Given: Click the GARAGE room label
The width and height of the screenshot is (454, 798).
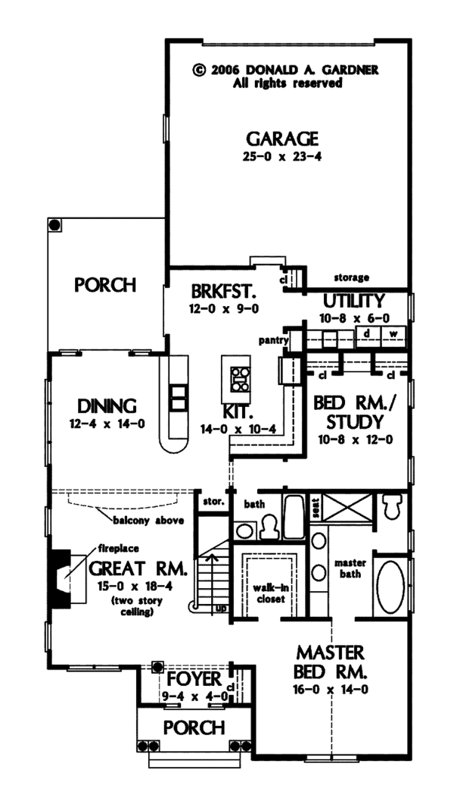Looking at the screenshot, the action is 282,139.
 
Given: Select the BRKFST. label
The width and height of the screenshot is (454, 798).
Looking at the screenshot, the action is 223,292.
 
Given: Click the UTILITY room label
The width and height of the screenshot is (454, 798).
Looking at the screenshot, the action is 354,301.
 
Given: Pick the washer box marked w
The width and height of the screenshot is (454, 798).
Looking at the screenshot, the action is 393,333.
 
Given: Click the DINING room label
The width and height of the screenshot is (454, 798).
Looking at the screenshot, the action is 107,406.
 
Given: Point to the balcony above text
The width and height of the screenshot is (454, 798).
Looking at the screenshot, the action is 148,521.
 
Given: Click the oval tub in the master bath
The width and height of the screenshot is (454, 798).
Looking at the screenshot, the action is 390,587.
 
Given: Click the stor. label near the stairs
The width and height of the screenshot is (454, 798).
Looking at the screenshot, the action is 213,502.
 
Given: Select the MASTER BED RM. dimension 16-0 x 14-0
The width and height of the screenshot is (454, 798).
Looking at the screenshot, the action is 331,690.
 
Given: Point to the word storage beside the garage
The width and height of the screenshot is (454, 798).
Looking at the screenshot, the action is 351,278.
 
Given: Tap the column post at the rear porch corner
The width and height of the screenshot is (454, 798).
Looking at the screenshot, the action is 55,224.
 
